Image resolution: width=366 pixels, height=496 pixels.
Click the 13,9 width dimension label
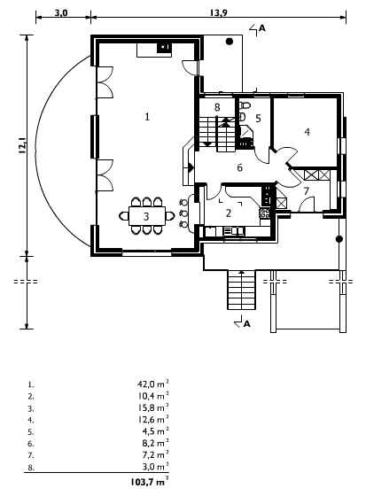click(x=218, y=13)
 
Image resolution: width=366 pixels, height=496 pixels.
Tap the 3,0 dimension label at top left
click(x=61, y=13)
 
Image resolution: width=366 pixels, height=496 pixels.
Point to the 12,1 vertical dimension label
click(x=22, y=145)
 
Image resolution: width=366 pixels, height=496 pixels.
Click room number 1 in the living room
click(x=147, y=117)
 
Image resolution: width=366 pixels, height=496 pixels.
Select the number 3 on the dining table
click(x=146, y=216)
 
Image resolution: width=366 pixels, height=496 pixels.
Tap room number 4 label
click(x=308, y=132)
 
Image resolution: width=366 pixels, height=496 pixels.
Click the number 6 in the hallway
click(x=239, y=167)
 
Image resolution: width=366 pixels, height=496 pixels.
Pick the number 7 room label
click(x=306, y=191)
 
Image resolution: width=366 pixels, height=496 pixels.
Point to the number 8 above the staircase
click(x=217, y=107)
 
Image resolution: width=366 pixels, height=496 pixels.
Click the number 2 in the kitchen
click(x=229, y=213)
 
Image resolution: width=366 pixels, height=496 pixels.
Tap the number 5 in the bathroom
click(x=258, y=119)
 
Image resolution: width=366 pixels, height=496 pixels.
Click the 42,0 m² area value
click(x=153, y=384)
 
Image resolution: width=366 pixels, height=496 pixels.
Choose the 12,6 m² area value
click(x=153, y=420)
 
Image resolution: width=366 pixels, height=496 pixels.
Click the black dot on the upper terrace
click(x=230, y=41)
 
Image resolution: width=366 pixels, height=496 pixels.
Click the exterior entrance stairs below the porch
click(x=241, y=290)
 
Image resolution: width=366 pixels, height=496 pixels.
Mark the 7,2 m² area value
click(x=155, y=455)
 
